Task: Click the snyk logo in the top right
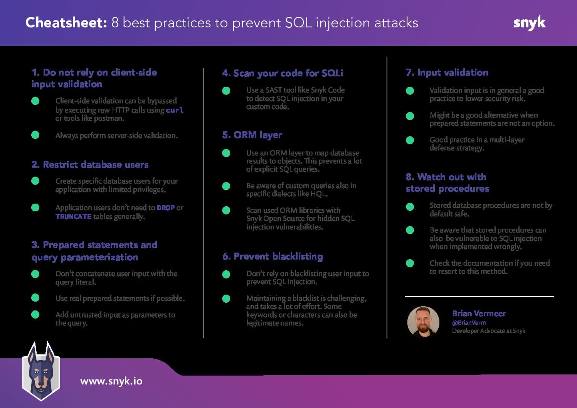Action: [529, 23]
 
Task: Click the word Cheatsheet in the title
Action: [66, 23]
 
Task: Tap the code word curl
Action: [175, 110]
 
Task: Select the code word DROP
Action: [166, 208]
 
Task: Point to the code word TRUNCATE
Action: [73, 217]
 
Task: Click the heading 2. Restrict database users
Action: [90, 165]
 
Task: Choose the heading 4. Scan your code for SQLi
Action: [282, 73]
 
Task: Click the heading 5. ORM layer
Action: [252, 135]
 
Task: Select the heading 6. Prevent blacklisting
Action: [273, 256]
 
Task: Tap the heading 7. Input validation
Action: [447, 72]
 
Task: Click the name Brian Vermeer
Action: [479, 314]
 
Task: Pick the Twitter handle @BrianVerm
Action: [469, 323]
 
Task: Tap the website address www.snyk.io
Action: [111, 381]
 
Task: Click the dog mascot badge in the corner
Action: [40, 371]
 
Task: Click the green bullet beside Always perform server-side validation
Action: [35, 135]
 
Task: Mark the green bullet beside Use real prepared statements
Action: [35, 298]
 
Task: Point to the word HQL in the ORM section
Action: [318, 194]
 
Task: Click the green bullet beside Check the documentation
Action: [410, 263]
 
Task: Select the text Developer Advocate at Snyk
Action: [488, 331]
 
